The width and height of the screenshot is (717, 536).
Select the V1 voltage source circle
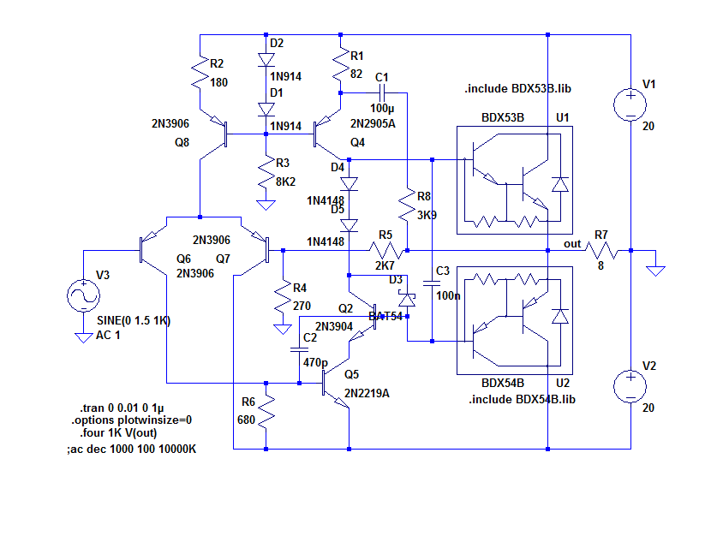(x=630, y=104)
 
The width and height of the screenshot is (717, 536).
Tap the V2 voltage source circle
(x=630, y=387)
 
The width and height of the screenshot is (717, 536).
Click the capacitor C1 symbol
(x=382, y=92)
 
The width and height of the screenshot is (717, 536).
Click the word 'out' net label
(x=572, y=244)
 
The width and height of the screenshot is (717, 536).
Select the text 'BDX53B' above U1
(x=503, y=116)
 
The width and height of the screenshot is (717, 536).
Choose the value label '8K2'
(x=285, y=182)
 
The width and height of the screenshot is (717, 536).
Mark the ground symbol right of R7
(x=656, y=269)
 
